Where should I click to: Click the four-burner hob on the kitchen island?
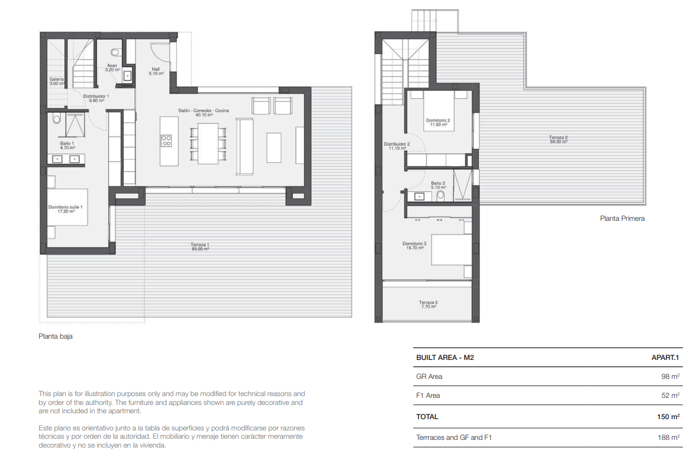[166, 140]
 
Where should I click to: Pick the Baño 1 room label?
[66, 145]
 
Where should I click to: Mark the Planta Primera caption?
[622, 218]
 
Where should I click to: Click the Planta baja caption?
[56, 336]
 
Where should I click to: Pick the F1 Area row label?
[428, 395]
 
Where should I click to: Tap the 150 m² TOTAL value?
[668, 417]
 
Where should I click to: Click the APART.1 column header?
[664, 358]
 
